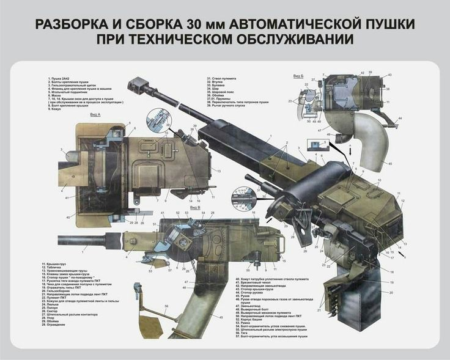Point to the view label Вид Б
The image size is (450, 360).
coord(298,76)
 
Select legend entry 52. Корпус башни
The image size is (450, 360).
coord(254,320)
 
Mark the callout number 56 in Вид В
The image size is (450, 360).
coord(166,306)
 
